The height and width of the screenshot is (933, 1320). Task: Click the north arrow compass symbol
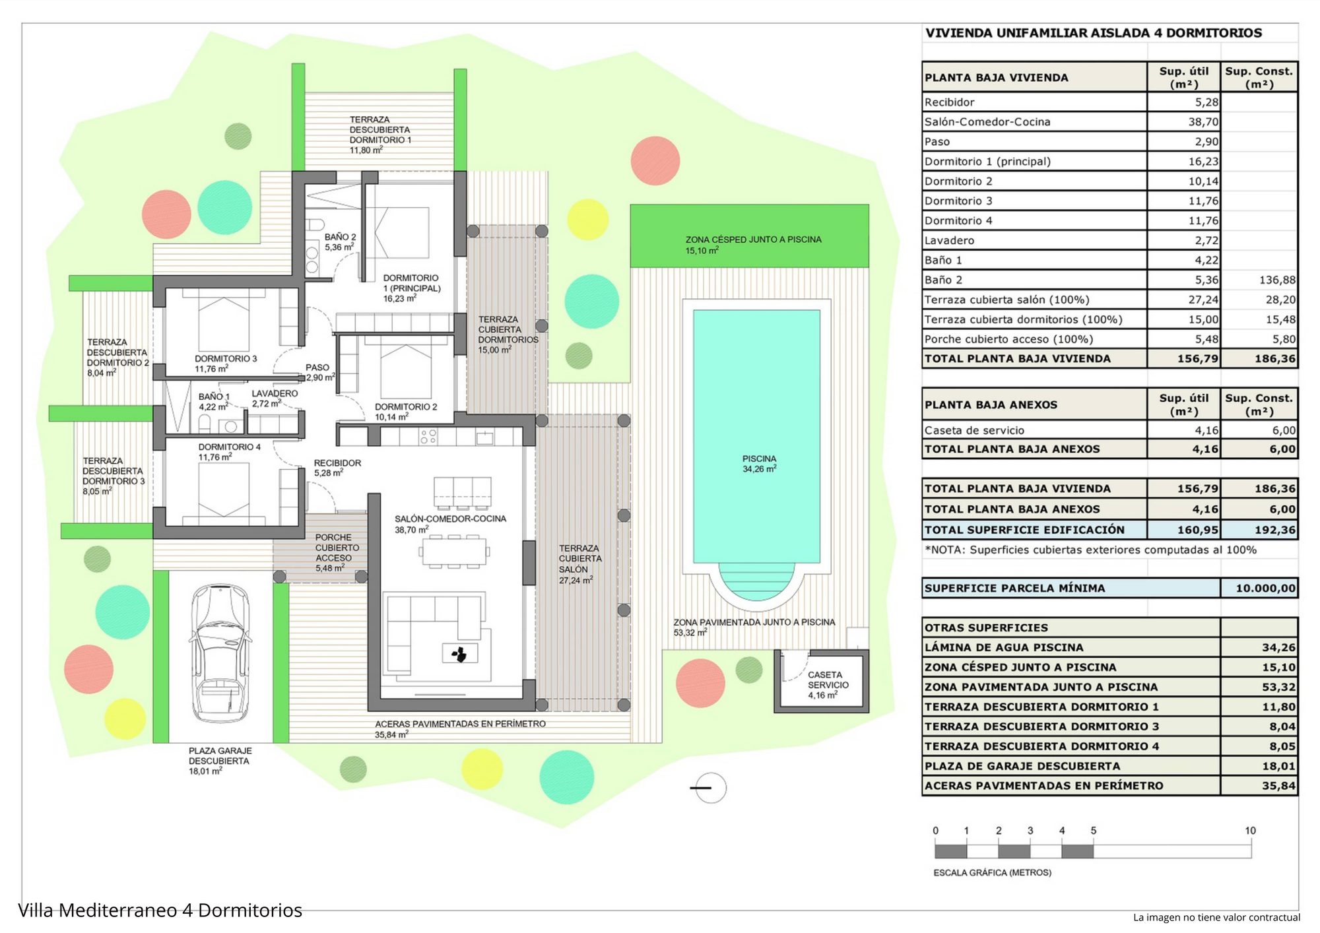tap(709, 787)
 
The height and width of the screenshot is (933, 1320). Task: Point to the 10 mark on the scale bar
tap(1250, 831)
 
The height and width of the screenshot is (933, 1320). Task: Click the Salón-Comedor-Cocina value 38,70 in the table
tap(1203, 121)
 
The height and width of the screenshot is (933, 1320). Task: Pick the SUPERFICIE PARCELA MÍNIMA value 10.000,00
tap(1265, 588)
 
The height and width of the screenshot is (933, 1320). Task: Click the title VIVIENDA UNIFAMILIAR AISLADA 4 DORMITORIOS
tap(1093, 33)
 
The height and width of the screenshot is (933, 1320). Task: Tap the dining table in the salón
tap(454, 552)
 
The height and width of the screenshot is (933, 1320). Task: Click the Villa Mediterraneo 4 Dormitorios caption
tap(160, 911)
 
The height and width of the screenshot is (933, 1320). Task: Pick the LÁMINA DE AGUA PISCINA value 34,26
tap(1278, 647)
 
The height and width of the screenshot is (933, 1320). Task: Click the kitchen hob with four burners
tap(428, 436)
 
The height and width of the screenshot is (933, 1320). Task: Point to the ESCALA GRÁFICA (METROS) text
tap(992, 872)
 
